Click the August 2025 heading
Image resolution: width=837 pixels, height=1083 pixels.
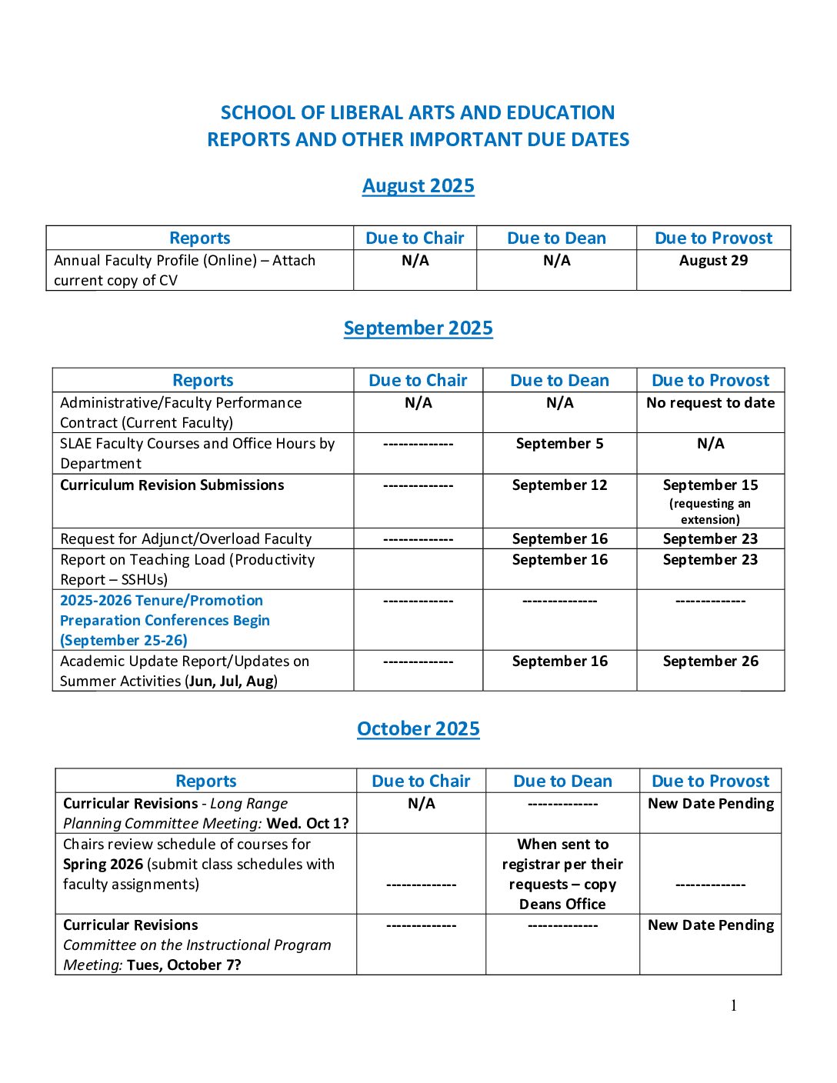tap(418, 186)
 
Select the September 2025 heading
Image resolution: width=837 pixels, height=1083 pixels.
tap(418, 328)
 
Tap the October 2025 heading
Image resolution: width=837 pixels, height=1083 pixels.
tap(418, 729)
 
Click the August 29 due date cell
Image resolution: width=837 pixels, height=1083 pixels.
tap(713, 261)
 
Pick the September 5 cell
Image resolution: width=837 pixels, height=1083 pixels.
tap(559, 444)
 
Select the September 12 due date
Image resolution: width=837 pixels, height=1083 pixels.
tap(559, 485)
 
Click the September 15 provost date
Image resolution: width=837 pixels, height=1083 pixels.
tap(710, 485)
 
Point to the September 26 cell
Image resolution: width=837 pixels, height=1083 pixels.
tap(710, 661)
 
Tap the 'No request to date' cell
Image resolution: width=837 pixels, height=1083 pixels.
tap(710, 403)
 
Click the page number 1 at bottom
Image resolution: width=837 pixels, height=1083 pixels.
tap(733, 1005)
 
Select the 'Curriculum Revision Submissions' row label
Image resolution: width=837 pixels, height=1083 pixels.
tap(172, 485)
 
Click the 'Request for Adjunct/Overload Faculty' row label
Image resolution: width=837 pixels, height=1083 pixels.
tap(185, 539)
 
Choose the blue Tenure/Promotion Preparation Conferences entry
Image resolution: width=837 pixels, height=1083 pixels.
tap(165, 620)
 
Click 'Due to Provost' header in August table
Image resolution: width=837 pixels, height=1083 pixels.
tap(713, 238)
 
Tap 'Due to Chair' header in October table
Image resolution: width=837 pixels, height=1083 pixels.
tap(421, 781)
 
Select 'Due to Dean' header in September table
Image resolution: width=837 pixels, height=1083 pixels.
tap(559, 381)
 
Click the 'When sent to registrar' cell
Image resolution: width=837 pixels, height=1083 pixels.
tap(562, 874)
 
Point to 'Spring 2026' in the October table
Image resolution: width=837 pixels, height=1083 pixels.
tap(103, 865)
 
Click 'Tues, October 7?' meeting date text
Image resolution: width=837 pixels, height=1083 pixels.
tap(184, 965)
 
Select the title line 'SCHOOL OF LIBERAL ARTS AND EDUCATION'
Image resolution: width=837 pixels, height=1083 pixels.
tap(418, 113)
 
